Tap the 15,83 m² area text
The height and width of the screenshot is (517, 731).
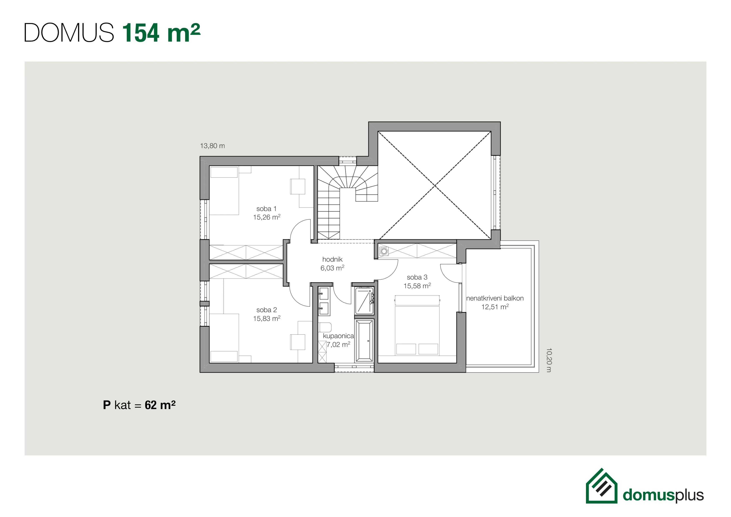(267, 318)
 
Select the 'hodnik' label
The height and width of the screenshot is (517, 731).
(332, 259)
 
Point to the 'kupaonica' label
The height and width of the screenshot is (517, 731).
(338, 336)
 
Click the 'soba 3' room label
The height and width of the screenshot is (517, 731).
(417, 277)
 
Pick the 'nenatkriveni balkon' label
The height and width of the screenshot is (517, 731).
(495, 298)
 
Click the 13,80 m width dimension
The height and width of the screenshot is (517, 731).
(212, 146)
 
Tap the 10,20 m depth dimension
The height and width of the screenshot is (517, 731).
(549, 360)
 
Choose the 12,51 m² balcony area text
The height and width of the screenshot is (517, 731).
(495, 307)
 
